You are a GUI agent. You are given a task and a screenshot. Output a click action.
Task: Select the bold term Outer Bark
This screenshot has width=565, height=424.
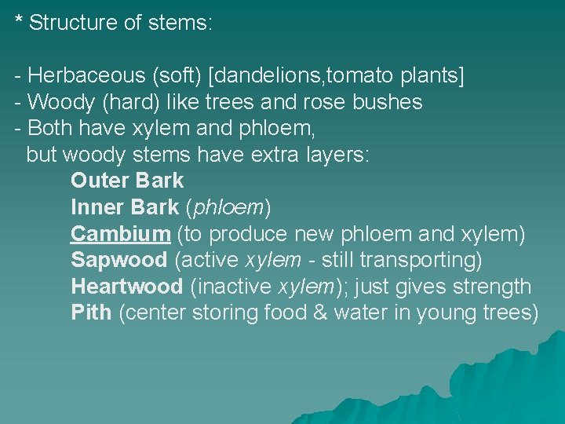click(127, 181)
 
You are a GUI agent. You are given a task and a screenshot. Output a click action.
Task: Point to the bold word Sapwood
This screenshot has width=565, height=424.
click(119, 260)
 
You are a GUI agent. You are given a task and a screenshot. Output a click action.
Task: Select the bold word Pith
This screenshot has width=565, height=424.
click(91, 313)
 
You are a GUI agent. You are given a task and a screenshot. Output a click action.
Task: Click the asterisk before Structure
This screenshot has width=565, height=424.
click(19, 20)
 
